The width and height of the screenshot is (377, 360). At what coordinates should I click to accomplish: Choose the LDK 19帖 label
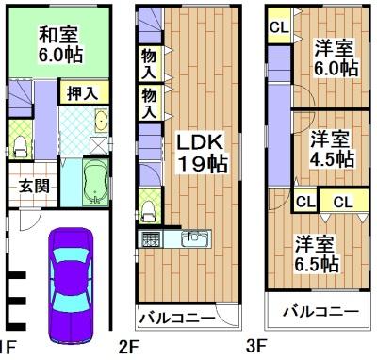(201, 152)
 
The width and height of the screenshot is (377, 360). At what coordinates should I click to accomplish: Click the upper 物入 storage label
(149, 63)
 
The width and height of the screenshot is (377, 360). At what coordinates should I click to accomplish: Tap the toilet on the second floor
(148, 202)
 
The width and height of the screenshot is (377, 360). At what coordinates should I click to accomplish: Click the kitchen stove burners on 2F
(152, 239)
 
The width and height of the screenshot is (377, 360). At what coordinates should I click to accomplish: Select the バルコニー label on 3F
(320, 310)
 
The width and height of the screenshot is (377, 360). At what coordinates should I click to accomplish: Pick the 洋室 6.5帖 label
(315, 254)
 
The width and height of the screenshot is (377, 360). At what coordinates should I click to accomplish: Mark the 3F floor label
(256, 347)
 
